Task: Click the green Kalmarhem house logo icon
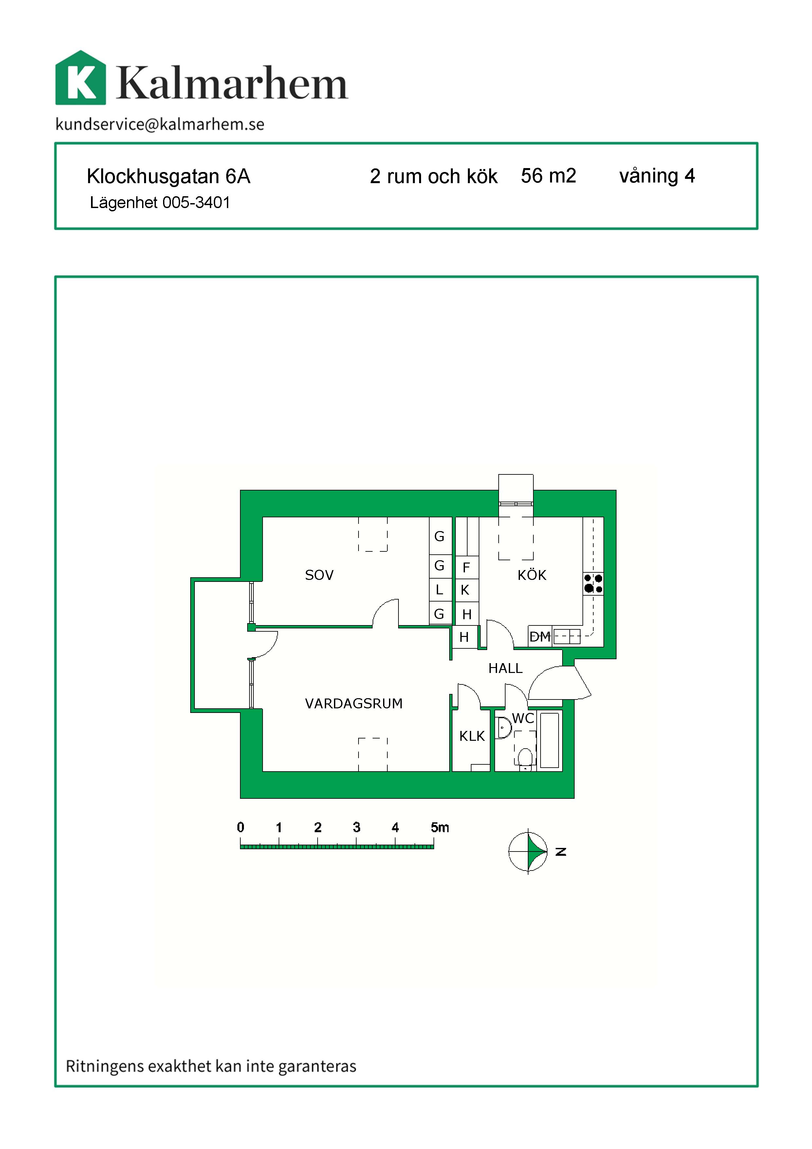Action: point(81,78)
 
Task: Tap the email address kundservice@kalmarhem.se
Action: point(160,124)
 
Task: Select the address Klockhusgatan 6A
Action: point(169,176)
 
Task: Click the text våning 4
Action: point(657,176)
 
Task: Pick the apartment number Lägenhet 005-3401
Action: point(160,203)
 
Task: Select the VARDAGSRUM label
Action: point(354,704)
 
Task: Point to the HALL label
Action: point(506,668)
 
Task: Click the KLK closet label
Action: point(472,736)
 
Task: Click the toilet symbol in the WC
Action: point(525,759)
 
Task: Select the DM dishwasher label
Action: point(540,637)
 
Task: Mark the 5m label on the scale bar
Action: point(440,827)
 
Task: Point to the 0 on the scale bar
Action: point(241,827)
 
